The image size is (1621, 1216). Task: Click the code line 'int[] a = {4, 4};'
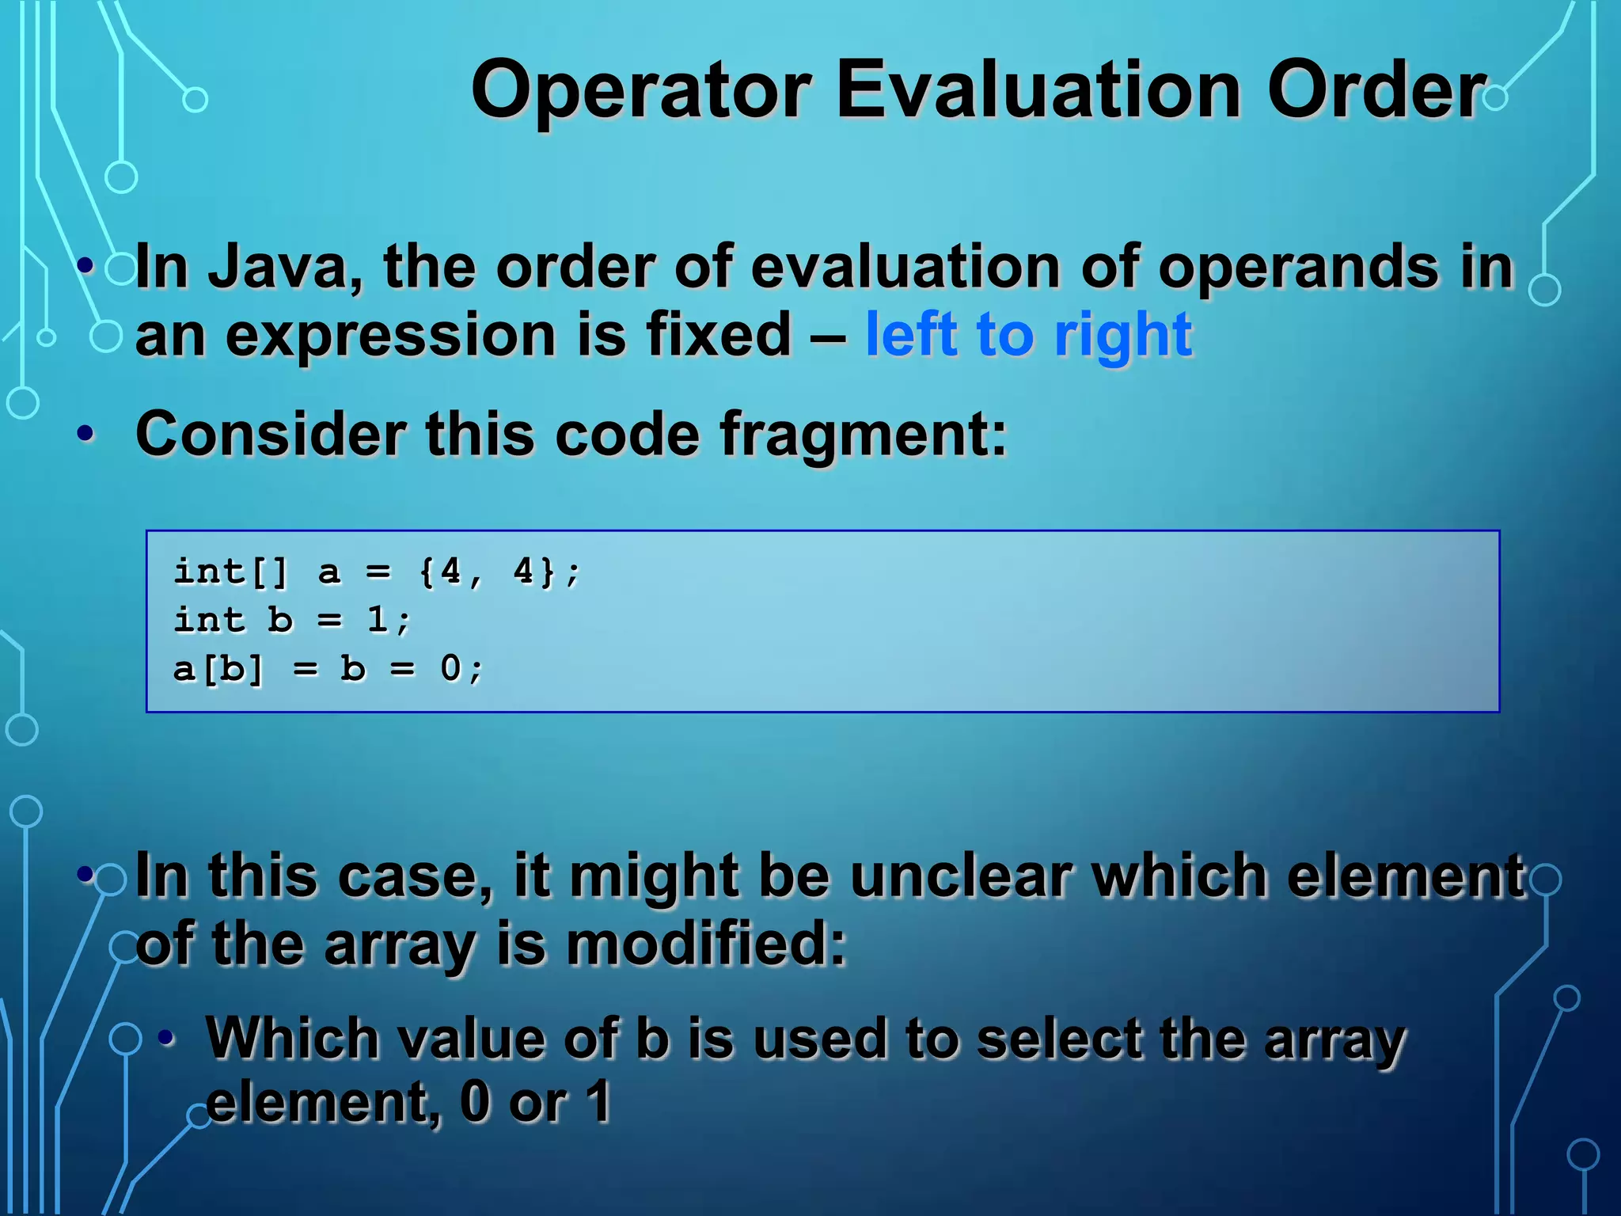click(x=377, y=572)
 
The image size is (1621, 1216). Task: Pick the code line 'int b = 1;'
click(x=292, y=620)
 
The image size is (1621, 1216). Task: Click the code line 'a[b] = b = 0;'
click(x=328, y=669)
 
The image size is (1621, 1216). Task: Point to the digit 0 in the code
click(x=450, y=669)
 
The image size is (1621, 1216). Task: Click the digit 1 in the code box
click(x=378, y=620)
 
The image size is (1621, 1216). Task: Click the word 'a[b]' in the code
click(x=218, y=670)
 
